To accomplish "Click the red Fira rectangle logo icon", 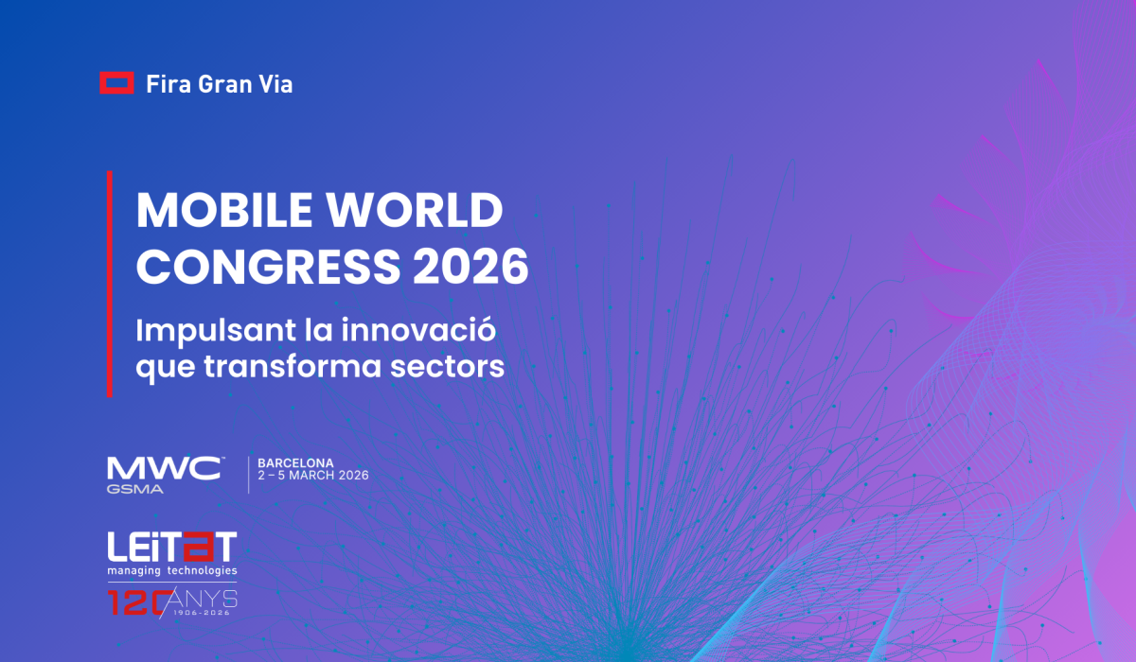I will point(116,83).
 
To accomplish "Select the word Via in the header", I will point(276,84).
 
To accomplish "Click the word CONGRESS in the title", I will point(254,268).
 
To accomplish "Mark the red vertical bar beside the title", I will point(110,284).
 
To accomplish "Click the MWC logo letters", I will point(165,469).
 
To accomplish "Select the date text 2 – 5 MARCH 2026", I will point(313,476).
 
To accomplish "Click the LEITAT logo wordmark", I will point(171,547).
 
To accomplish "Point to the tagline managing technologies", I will point(171,571).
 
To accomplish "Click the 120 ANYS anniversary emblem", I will point(171,602).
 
